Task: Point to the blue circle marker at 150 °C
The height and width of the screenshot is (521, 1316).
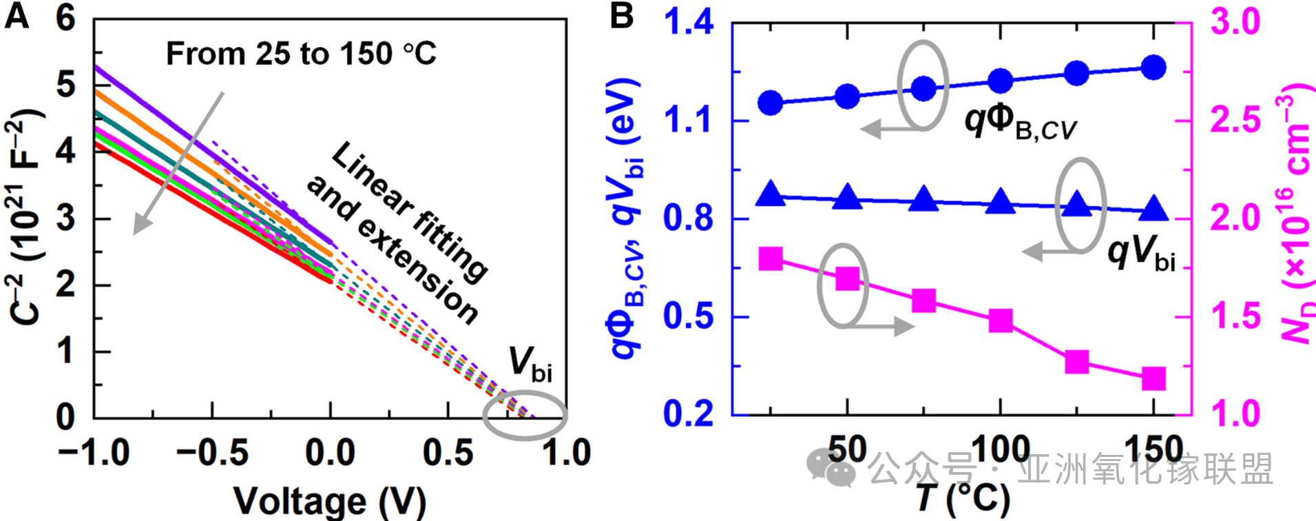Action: click(1153, 68)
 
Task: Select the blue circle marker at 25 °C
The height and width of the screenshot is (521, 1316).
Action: click(771, 103)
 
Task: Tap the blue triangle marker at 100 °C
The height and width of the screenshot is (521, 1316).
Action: click(1001, 202)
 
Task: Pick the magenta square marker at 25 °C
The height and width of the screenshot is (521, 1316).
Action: click(771, 259)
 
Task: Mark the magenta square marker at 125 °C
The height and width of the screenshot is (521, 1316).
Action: click(1077, 362)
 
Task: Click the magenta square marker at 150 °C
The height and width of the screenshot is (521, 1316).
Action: click(1153, 378)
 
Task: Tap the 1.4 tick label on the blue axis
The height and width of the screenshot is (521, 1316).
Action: click(688, 23)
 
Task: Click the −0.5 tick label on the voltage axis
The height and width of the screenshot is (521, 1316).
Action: click(212, 453)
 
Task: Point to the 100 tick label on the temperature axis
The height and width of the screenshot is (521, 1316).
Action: click(1000, 450)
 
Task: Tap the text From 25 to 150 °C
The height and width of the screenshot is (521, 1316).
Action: click(301, 54)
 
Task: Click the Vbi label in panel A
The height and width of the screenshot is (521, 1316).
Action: click(530, 363)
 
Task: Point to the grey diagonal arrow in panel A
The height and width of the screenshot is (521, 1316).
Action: click(179, 163)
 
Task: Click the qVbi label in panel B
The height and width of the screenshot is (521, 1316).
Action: click(1140, 252)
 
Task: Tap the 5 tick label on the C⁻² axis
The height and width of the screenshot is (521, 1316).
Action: click(65, 85)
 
